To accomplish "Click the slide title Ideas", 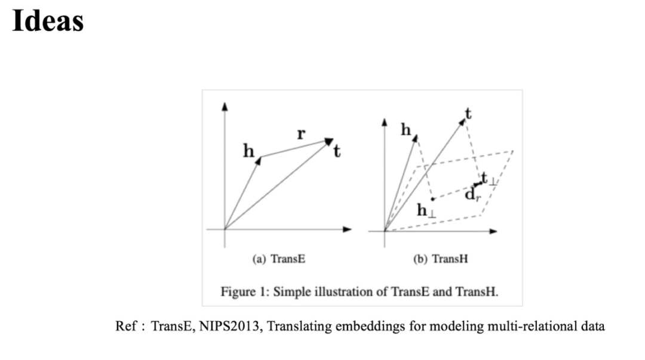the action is point(48,21).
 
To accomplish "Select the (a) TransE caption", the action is point(279,259).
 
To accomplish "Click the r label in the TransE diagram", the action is point(301,134).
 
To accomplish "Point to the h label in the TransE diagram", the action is point(248,151).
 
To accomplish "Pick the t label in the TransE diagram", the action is point(337,152).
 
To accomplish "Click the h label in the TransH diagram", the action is point(406,129).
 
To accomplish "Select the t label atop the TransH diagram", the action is point(468,112).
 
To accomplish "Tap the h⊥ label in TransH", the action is point(425,210).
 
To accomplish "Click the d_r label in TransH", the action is point(472,194).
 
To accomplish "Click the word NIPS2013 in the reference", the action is point(221,327).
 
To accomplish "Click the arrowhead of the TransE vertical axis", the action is point(225,106).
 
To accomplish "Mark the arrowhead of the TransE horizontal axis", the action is point(348,229).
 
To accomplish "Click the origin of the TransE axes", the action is point(225,229).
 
